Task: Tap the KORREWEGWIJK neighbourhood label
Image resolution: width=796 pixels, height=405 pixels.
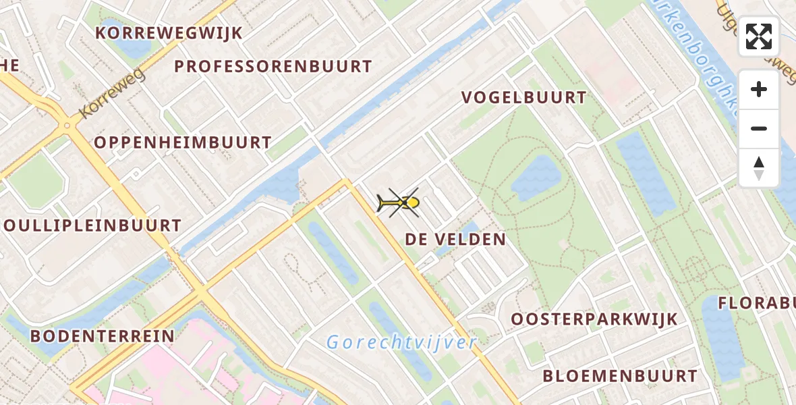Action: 169,33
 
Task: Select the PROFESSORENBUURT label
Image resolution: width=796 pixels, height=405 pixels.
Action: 273,67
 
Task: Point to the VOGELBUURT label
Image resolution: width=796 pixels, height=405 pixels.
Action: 524,98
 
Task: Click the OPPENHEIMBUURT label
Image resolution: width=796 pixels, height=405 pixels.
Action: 182,143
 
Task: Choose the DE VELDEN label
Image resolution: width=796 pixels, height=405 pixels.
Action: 455,240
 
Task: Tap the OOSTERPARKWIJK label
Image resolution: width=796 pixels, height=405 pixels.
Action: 594,319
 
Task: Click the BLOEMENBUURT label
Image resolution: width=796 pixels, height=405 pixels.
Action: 620,376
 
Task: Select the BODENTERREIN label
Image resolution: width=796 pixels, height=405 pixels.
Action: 103,336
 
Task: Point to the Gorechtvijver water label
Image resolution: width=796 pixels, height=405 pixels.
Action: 402,343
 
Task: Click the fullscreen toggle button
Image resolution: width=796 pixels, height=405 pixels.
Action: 759,36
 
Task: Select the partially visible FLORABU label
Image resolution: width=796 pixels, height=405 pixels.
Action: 756,303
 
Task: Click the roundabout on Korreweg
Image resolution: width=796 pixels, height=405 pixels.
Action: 67,125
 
